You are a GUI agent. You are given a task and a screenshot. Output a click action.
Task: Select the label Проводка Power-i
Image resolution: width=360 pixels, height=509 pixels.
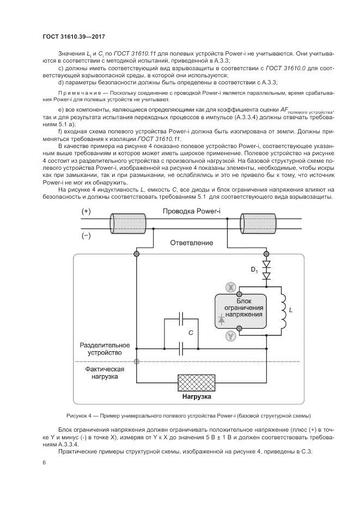tap(188, 211)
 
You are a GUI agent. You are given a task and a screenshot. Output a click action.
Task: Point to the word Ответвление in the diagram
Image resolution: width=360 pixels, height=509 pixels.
tap(191, 242)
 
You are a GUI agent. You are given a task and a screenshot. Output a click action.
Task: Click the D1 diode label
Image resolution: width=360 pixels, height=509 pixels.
tap(254, 271)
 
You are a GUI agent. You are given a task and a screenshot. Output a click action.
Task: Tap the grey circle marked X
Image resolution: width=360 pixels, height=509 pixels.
tap(230, 286)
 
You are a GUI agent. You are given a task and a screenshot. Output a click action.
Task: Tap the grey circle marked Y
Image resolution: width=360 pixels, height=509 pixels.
tap(230, 336)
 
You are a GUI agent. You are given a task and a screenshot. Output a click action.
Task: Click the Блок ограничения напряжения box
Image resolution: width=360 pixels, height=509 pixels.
tap(243, 311)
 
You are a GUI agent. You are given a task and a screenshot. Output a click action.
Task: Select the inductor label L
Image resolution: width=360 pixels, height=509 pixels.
tap(291, 310)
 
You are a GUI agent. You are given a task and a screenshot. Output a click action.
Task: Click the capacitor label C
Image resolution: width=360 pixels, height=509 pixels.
tap(190, 332)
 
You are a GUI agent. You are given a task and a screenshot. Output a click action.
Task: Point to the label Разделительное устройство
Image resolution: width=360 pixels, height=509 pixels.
tap(105, 349)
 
